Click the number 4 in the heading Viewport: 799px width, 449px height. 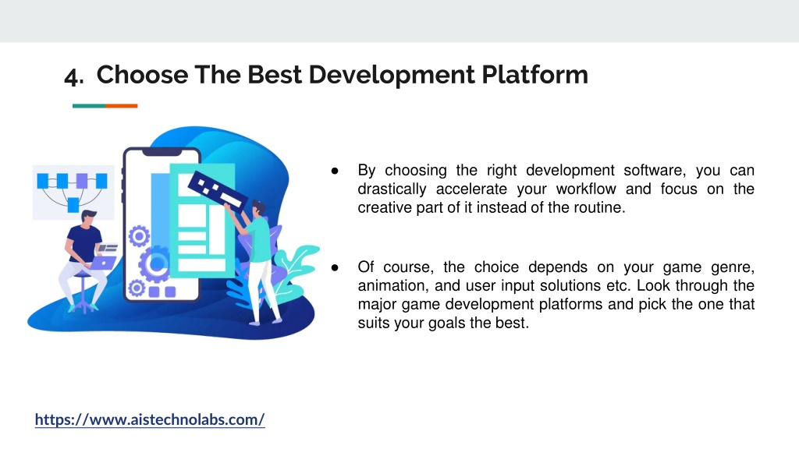tap(72, 76)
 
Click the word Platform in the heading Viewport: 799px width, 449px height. tap(534, 74)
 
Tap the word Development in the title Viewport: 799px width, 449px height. tap(392, 76)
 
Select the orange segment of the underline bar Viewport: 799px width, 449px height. tap(121, 106)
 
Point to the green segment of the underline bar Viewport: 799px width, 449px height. tap(89, 106)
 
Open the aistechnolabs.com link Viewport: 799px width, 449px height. tap(150, 419)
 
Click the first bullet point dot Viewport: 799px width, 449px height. tap(335, 171)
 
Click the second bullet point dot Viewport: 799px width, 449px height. tap(335, 268)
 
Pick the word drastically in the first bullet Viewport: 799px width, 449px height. tap(392, 189)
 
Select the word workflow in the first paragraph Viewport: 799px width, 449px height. tap(586, 189)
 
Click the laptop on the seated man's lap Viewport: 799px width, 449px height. tap(103, 262)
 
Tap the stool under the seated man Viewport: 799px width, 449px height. tap(83, 293)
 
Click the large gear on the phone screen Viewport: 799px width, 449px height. tap(155, 263)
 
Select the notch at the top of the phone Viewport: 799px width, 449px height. tap(162, 152)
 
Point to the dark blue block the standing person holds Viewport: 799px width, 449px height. tap(218, 190)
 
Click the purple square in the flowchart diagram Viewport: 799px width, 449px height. tap(81, 180)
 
